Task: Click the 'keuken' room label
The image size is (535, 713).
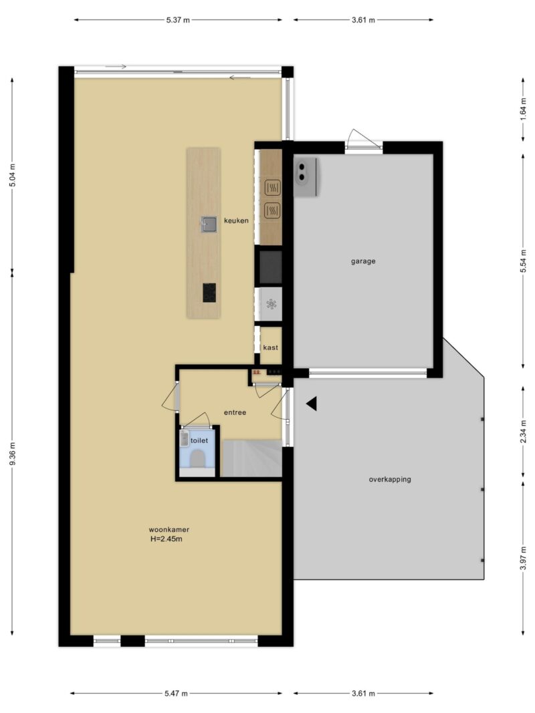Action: tap(236, 221)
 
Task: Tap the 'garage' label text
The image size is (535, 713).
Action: tap(363, 261)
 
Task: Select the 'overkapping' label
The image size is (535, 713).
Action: tap(390, 479)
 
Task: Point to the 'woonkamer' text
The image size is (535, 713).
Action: tap(169, 530)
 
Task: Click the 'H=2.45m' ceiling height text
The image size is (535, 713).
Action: tap(167, 539)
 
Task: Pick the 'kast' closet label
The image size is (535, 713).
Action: tap(270, 347)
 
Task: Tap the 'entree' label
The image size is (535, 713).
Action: tap(235, 412)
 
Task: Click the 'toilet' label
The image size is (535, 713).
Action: tap(199, 440)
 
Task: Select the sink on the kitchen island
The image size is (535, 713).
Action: tap(209, 224)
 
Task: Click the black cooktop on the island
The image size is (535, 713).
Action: tap(209, 293)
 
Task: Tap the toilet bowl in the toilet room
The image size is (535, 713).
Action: tap(197, 458)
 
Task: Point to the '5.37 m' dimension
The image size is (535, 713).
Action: tap(178, 20)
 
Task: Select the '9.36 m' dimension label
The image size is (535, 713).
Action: tap(12, 453)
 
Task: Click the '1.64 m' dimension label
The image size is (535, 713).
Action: tap(523, 109)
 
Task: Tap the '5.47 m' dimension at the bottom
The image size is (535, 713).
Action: tap(176, 694)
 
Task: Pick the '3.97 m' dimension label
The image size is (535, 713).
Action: tap(523, 558)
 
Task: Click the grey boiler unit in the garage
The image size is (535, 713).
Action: tap(305, 177)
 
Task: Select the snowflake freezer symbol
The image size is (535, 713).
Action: tap(271, 304)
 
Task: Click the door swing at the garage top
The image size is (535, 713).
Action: tap(362, 139)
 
